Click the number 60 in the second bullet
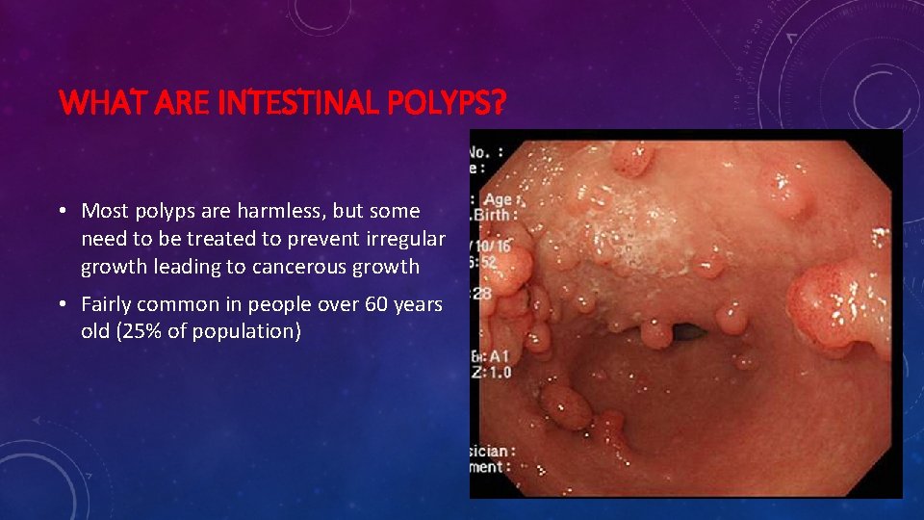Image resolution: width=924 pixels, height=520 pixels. (x=366, y=304)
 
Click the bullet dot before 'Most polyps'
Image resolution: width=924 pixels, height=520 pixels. (x=61, y=210)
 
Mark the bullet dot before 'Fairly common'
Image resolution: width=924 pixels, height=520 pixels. (x=61, y=304)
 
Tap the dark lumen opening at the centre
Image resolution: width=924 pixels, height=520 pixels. (x=688, y=333)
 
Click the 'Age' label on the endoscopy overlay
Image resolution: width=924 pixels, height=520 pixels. (x=500, y=199)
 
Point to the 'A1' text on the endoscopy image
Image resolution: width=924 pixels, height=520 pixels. (x=497, y=355)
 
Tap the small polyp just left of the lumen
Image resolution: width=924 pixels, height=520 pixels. (x=656, y=333)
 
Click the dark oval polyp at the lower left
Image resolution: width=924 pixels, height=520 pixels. (x=565, y=405)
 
